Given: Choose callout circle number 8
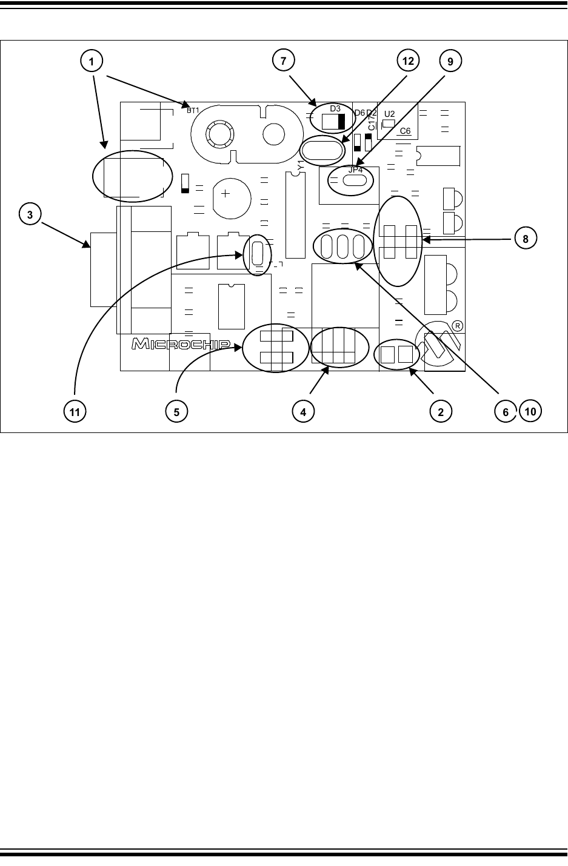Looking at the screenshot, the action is pos(526,239).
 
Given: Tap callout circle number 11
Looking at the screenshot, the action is pos(75,411).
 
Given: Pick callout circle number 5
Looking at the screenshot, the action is pos(176,411).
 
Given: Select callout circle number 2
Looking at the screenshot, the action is pos(441,411).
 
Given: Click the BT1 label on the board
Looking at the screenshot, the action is pos(193,110).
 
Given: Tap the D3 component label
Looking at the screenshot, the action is pos(335,108).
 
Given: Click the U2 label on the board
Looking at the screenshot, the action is pos(390,114).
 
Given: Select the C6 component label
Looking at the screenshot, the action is pos(405,131).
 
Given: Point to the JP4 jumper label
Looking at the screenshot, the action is pos(356,170).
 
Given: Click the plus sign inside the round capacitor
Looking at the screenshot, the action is pos(225,194).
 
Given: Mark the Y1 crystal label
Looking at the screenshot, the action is pos(300,164).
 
